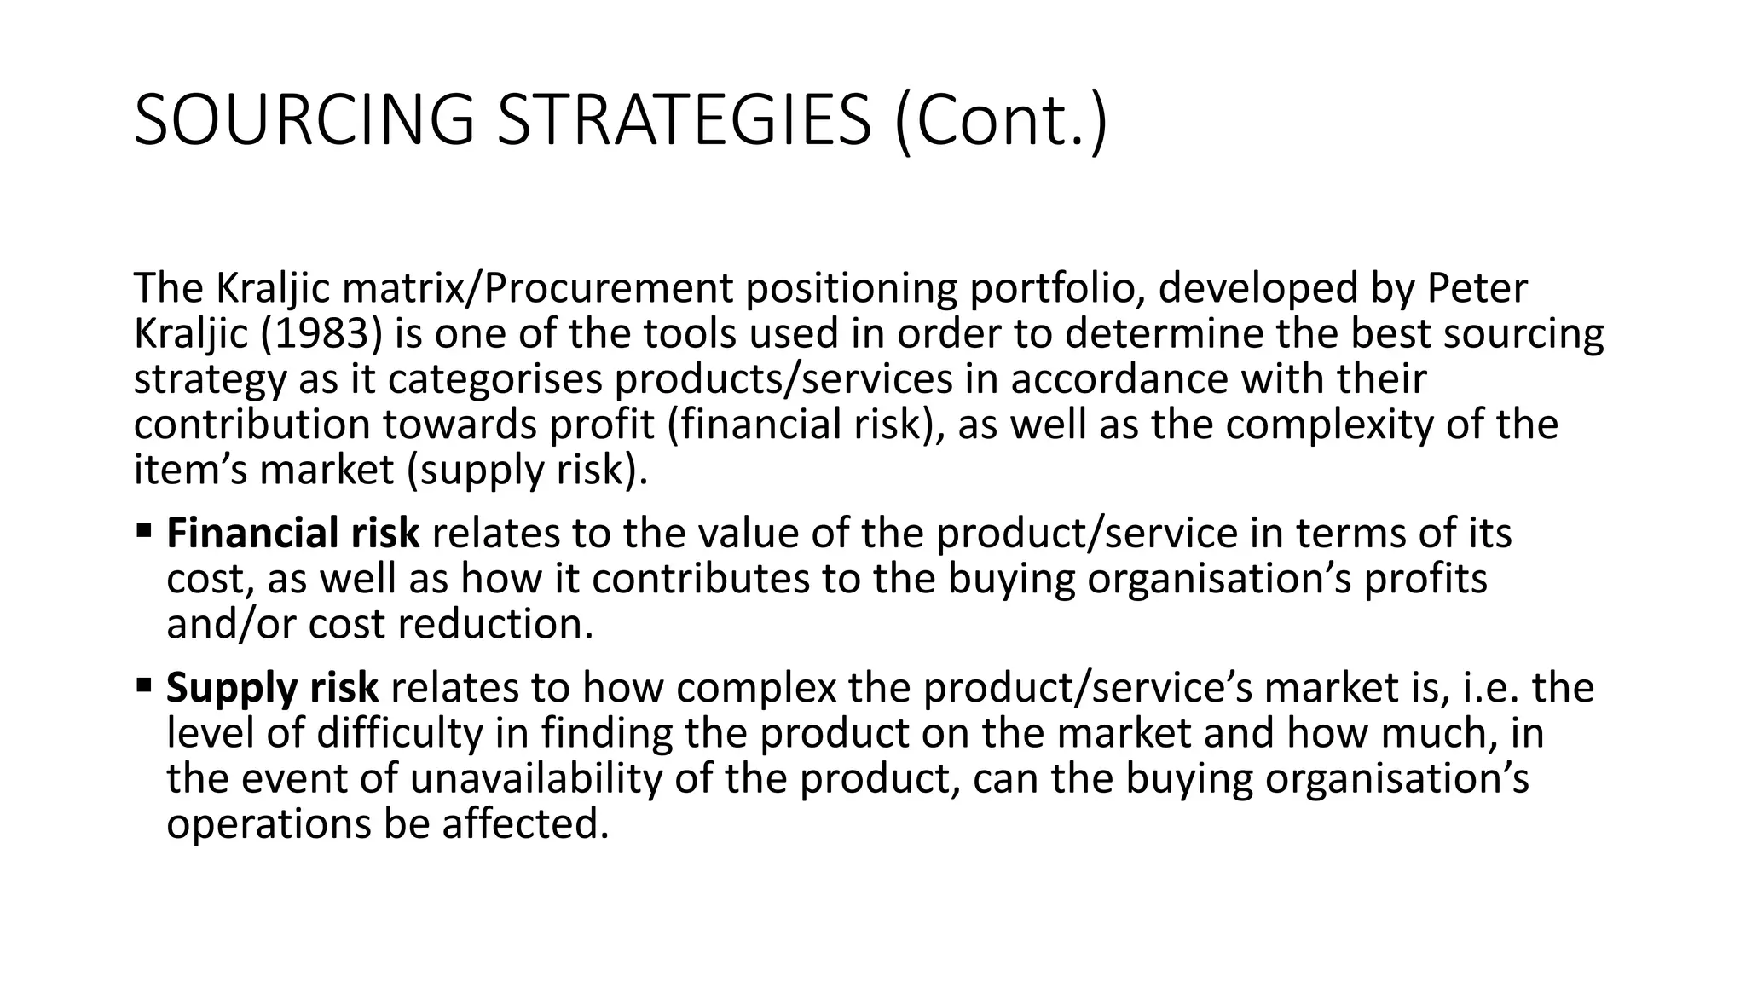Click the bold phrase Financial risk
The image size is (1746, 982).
(292, 534)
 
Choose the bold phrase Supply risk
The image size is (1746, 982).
(272, 688)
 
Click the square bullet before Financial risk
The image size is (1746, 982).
(142, 531)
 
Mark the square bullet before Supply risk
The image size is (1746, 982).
(142, 685)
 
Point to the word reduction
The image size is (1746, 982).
(495, 624)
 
